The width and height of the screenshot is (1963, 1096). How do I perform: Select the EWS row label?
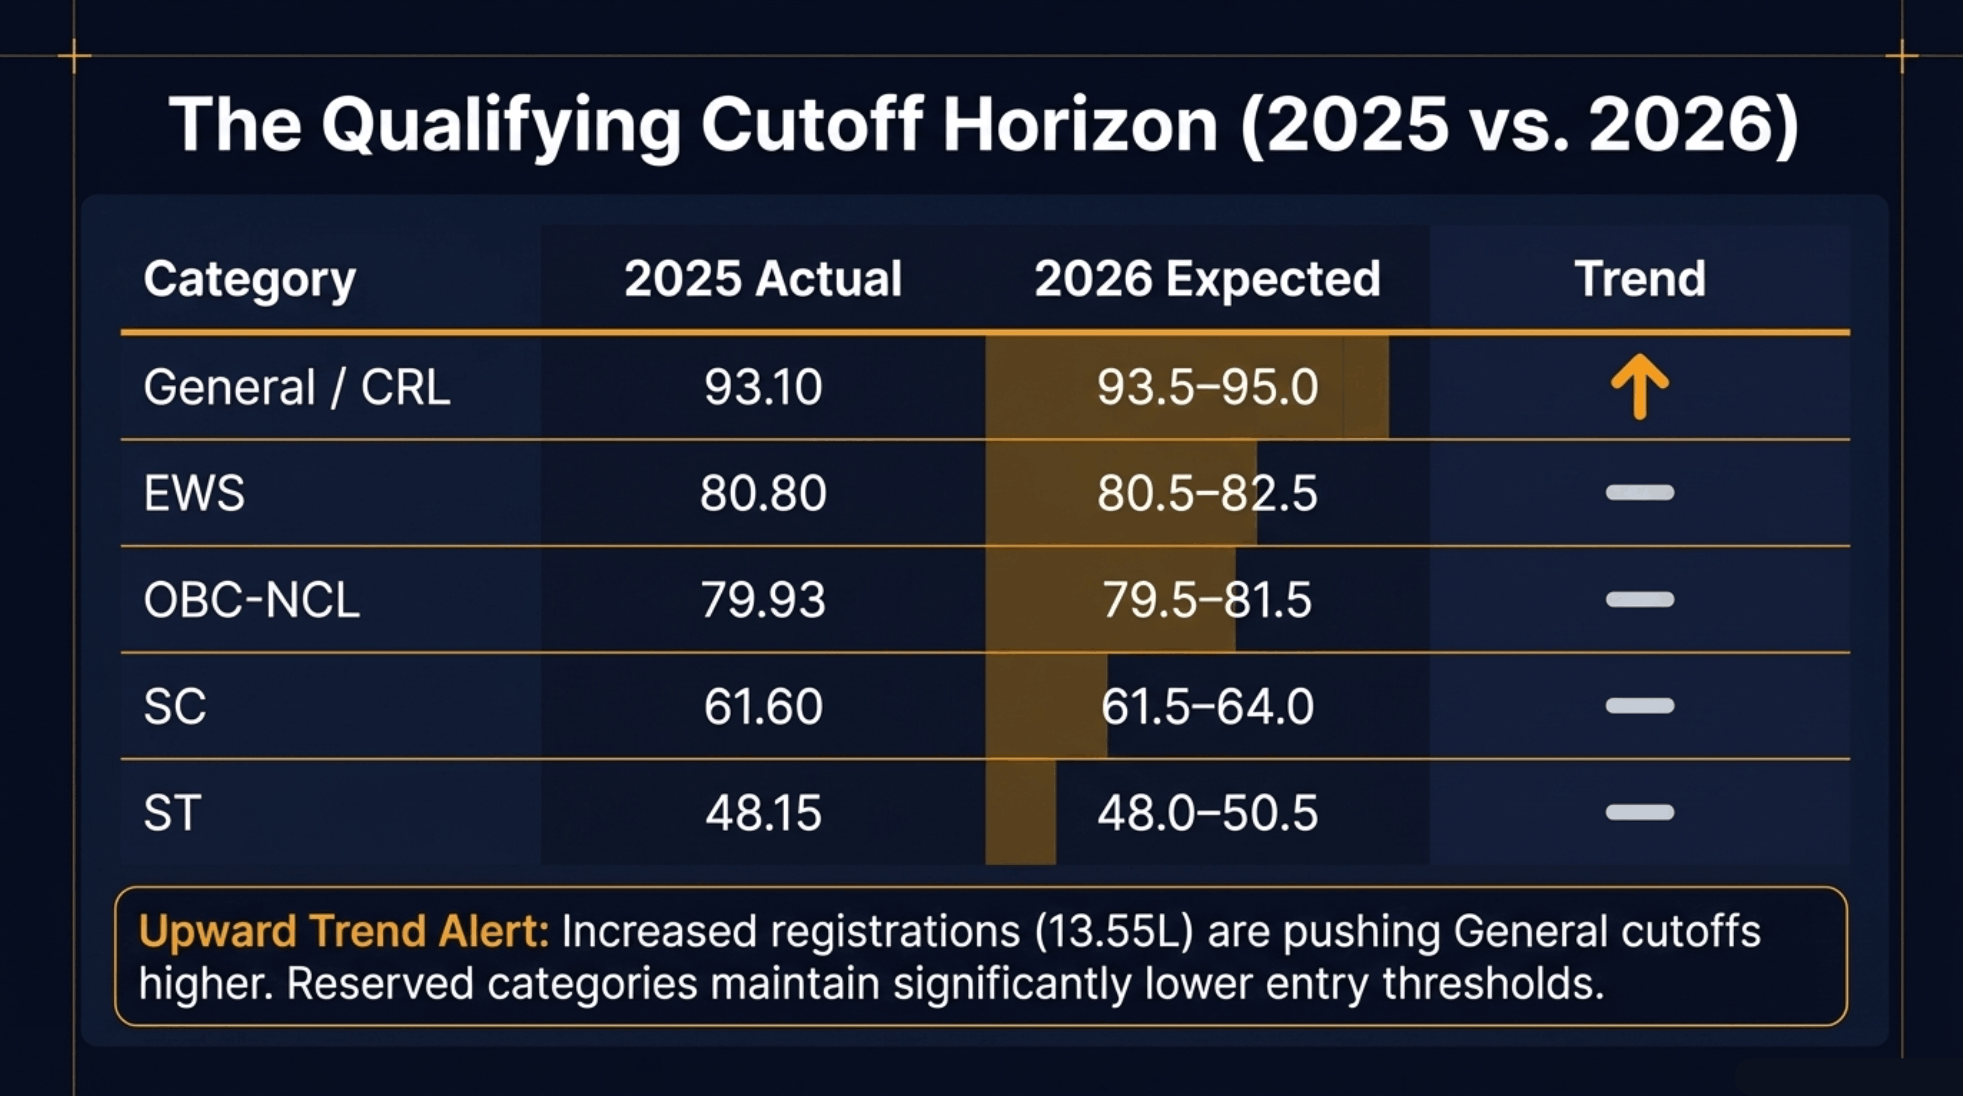click(194, 493)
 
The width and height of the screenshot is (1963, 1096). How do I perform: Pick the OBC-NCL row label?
click(252, 600)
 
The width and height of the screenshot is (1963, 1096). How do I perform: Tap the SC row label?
click(174, 706)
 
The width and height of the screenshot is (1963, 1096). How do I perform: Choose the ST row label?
click(172, 812)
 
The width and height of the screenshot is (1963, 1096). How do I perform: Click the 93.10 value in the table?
click(763, 387)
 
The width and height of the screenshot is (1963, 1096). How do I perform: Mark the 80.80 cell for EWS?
click(763, 493)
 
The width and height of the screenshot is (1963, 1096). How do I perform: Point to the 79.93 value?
click(763, 600)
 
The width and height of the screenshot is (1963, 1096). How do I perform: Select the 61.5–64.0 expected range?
click(1207, 706)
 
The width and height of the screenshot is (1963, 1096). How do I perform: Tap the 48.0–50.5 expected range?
click(1207, 812)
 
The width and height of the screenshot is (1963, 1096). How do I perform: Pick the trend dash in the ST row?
click(1640, 812)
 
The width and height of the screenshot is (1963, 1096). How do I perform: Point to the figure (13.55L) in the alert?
click(1113, 931)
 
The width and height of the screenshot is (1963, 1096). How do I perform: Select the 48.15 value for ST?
click(763, 812)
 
